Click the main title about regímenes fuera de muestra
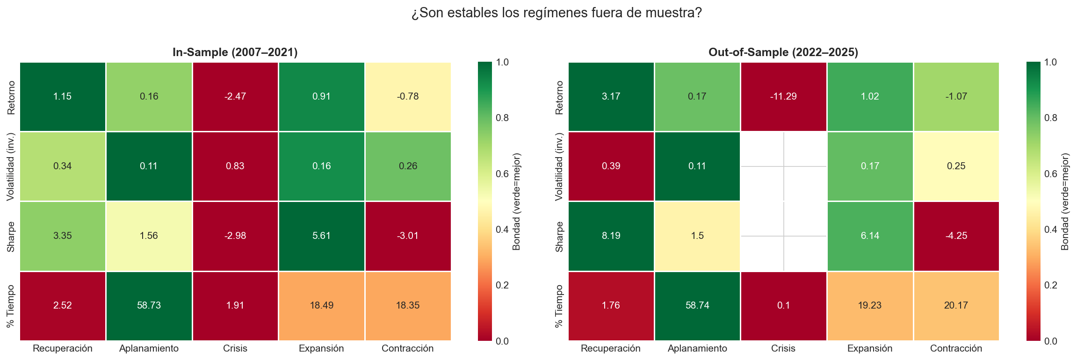pos(557,13)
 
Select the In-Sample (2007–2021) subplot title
pos(235,52)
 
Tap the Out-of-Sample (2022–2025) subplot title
pos(783,52)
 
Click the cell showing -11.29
pos(783,96)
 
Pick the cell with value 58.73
pos(149,305)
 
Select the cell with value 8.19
pos(611,236)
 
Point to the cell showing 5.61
pos(321,236)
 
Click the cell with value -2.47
pos(235,96)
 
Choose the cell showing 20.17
pos(956,305)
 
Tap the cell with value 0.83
pos(235,166)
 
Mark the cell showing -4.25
pos(956,236)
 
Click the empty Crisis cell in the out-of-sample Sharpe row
pos(783,236)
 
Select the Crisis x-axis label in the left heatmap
pos(235,348)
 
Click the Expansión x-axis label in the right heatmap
pos(870,348)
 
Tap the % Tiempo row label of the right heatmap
pos(560,306)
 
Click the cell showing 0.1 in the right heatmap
pos(783,305)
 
